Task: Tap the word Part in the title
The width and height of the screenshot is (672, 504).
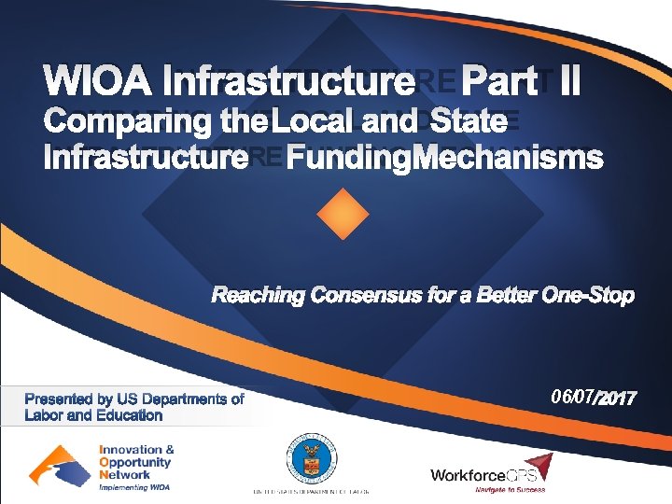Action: tap(504, 82)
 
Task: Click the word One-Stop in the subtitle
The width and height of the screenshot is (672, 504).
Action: tap(589, 296)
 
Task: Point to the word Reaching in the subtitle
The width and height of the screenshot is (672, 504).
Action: tap(259, 296)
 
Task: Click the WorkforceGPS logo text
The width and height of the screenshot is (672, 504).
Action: tap(483, 475)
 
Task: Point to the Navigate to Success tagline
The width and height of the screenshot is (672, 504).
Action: tap(510, 490)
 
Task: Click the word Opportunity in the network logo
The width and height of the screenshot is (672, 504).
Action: tap(136, 462)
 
